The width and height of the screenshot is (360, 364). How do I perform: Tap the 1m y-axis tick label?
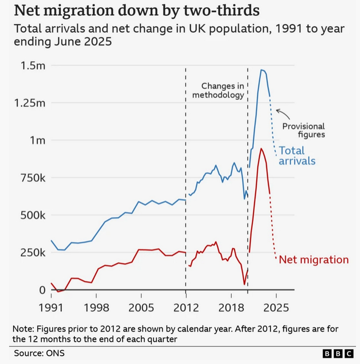37,140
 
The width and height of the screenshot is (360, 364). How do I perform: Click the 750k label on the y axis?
31,178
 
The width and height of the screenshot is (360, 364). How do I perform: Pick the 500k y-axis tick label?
31,215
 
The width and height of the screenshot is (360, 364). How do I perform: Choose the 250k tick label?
31,253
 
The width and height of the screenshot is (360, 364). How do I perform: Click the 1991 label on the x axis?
53,307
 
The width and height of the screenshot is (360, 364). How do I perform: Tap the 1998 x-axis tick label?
97,307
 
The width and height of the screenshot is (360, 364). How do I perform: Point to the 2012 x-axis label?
186,307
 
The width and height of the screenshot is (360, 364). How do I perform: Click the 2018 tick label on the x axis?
231,307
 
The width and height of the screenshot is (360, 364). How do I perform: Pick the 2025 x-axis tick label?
275,307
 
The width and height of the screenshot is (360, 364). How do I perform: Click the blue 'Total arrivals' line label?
297,156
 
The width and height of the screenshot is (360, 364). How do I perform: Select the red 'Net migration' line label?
314,260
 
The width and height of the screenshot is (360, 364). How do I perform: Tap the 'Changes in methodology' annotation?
223,91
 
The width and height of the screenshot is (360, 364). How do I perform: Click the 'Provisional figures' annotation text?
303,131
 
